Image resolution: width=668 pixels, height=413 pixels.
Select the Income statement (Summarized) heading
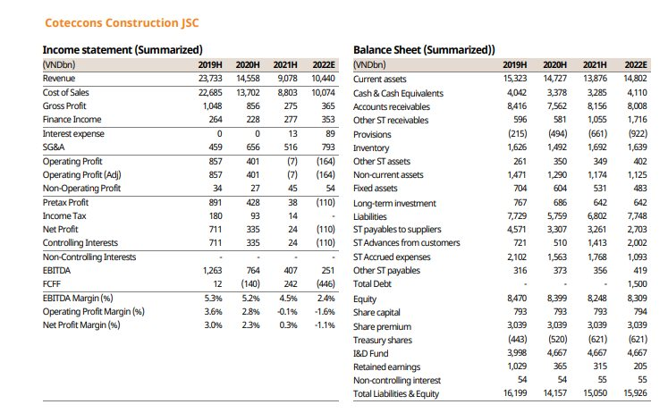[123, 50]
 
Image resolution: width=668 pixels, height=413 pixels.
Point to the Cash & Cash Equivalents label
[398, 93]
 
